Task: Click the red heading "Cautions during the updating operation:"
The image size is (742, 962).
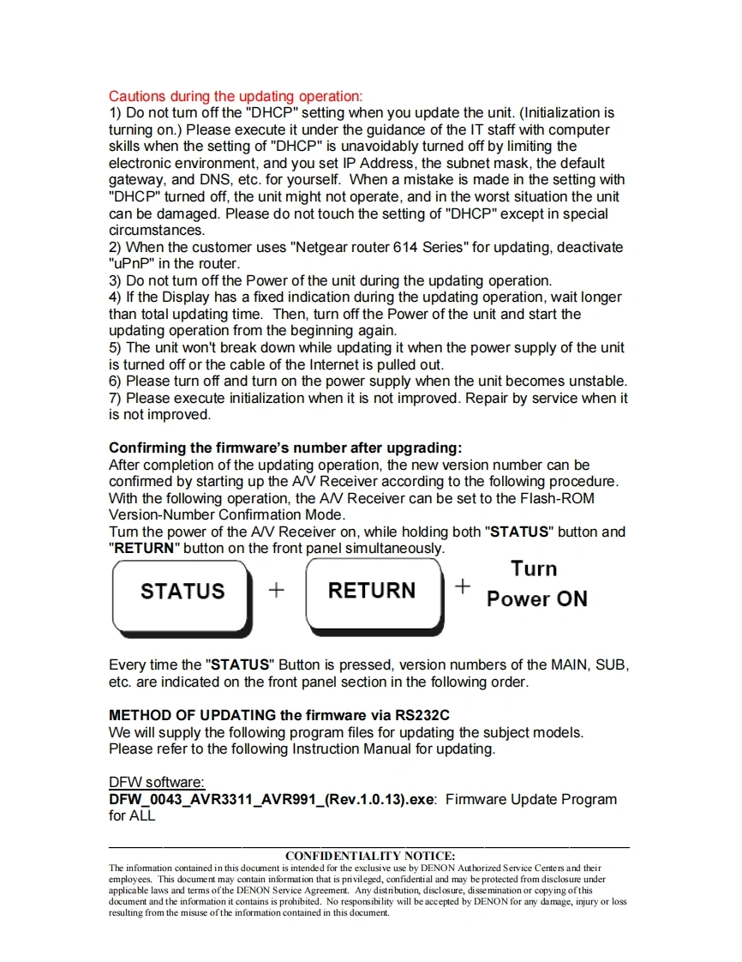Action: [x=236, y=96]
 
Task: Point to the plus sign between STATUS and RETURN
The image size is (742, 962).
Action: [x=276, y=590]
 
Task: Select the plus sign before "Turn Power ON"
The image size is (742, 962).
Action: [x=463, y=586]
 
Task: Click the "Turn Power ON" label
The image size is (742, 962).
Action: [x=536, y=584]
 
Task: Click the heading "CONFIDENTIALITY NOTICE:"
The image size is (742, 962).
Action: [x=370, y=856]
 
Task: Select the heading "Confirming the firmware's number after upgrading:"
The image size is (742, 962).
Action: [x=285, y=448]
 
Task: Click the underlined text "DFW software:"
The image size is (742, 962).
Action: [x=157, y=782]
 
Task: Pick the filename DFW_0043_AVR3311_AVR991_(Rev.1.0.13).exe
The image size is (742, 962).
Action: [x=272, y=799]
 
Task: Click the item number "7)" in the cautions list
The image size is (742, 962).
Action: [x=115, y=398]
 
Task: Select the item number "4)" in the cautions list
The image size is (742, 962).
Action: [x=115, y=298]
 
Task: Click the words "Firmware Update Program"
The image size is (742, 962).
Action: [x=531, y=799]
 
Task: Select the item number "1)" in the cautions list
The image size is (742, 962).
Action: [x=115, y=113]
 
